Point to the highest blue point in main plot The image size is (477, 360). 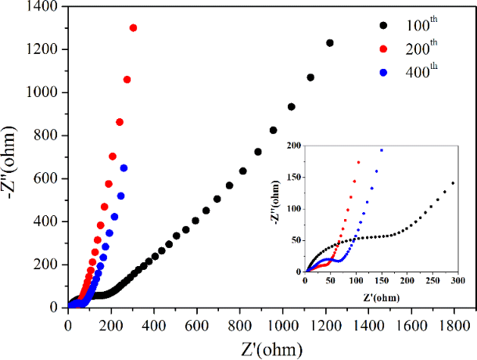[x=124, y=168]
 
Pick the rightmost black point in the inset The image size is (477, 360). [x=454, y=183]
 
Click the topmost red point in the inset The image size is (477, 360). [x=359, y=163]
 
